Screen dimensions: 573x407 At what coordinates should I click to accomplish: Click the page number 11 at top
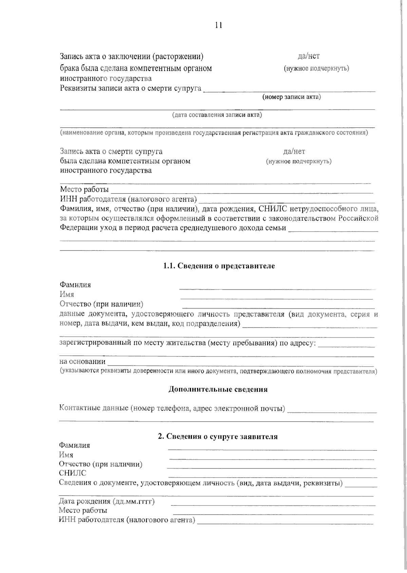[x=218, y=25]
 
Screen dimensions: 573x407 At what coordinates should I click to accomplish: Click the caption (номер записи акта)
[x=291, y=97]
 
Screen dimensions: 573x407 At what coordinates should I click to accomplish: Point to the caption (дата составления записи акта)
[x=217, y=115]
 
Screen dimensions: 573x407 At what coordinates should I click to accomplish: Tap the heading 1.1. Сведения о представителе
[x=219, y=266]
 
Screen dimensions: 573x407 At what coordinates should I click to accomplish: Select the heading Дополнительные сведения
[x=218, y=389]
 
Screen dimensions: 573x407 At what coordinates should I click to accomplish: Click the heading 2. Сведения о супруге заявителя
[x=218, y=437]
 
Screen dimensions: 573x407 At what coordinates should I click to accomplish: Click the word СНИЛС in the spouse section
[x=73, y=473]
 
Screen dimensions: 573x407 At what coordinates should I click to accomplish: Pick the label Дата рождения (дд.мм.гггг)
[x=107, y=501]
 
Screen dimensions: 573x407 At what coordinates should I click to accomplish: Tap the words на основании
[x=82, y=362]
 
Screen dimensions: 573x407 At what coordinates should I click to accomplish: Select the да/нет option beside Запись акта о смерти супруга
[x=294, y=151]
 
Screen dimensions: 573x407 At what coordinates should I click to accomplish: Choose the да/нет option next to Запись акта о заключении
[x=309, y=56]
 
